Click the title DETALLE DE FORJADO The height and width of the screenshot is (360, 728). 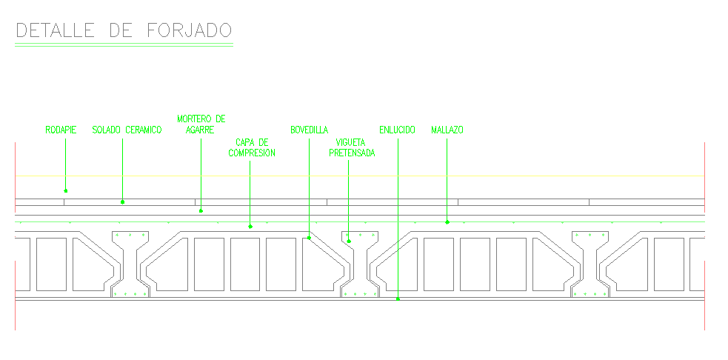tap(124, 30)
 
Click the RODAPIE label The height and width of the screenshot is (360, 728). tap(61, 130)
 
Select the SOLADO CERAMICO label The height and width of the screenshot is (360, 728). tap(127, 130)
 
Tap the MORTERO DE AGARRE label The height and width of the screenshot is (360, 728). tap(201, 124)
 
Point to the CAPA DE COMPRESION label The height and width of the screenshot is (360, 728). tap(252, 147)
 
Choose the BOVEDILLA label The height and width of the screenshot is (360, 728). tap(310, 130)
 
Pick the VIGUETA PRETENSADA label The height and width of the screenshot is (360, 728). tap(352, 147)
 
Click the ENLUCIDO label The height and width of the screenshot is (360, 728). tap(397, 130)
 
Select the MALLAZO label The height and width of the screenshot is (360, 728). tap(447, 130)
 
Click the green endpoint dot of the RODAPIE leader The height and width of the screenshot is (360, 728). tap(65, 190)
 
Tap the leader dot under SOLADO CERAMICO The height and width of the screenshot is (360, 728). tap(123, 201)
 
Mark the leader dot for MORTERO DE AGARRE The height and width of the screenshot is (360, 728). tap(201, 211)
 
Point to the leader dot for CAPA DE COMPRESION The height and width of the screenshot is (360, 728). tap(250, 226)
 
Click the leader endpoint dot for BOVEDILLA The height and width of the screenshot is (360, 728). tap(309, 238)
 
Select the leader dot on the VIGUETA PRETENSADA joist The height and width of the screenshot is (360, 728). tap(349, 241)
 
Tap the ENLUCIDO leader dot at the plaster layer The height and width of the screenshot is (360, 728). tap(398, 299)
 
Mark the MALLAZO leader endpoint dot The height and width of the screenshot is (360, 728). tap(447, 221)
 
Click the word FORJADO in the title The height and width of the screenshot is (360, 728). tap(189, 30)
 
